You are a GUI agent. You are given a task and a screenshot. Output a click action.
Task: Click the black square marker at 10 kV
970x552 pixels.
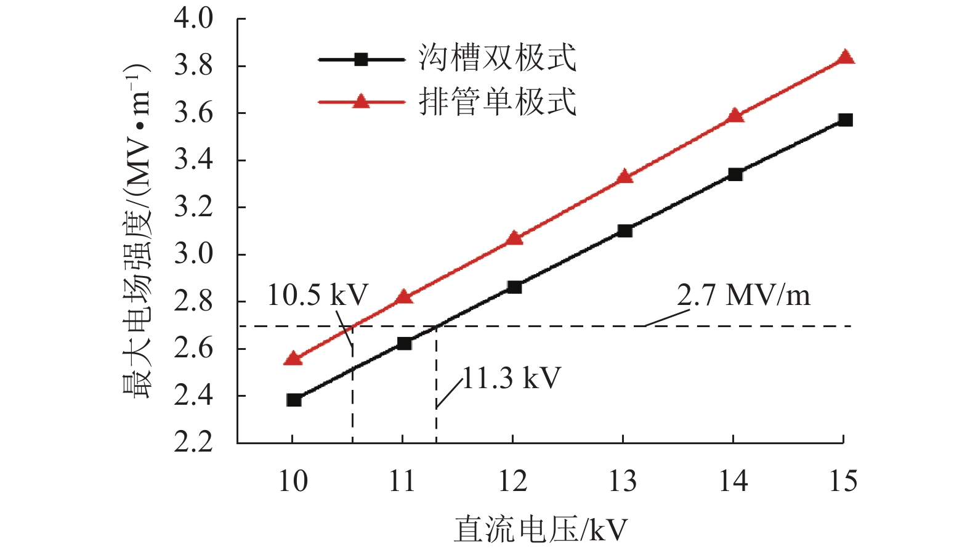294,400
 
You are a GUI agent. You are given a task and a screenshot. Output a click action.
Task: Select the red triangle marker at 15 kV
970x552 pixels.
846,57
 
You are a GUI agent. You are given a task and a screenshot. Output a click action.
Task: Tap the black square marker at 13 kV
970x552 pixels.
624,231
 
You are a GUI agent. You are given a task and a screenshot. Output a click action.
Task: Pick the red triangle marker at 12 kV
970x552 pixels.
514,238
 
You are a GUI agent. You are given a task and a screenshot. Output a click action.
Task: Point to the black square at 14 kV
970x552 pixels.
735,174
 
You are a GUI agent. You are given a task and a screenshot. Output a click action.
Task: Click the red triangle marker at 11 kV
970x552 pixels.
404,297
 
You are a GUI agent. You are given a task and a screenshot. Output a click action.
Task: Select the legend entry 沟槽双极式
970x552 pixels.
497,59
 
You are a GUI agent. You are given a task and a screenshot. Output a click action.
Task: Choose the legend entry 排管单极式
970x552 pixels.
497,102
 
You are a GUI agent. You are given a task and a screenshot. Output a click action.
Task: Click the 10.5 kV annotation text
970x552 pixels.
317,295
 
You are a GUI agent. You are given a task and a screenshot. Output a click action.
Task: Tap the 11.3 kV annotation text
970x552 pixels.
511,378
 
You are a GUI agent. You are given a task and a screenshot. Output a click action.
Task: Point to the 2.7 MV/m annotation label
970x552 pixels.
743,295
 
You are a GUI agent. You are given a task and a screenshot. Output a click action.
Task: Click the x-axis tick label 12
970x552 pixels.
513,481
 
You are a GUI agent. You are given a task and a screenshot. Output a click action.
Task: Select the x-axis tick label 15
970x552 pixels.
843,481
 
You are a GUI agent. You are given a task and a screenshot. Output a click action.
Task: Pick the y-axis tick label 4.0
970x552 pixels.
193,18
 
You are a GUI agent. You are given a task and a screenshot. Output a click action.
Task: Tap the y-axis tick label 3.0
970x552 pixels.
193,254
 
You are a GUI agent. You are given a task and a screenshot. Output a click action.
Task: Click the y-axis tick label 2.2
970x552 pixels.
193,442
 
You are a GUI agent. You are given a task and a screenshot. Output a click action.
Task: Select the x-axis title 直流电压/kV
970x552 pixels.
541,530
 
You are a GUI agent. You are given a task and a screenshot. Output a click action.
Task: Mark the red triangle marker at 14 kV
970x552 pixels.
735,116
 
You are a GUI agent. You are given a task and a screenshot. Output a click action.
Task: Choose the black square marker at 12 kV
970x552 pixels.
514,287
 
